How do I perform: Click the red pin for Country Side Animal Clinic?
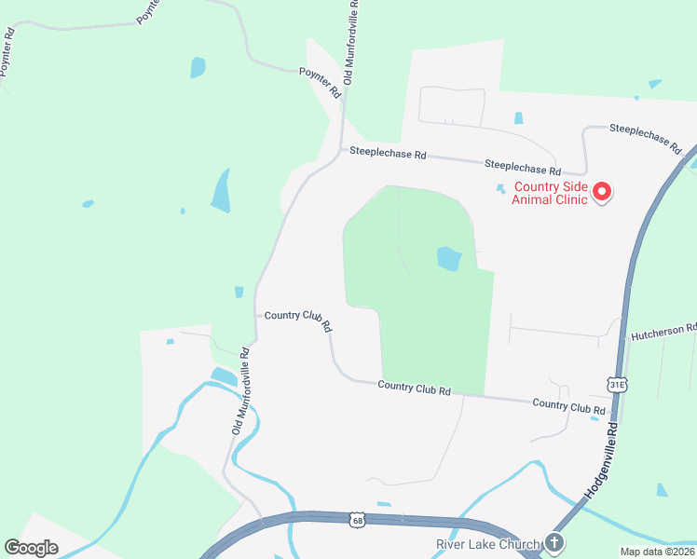click(601, 192)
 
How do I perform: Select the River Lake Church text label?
click(488, 545)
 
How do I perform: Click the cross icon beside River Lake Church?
click(554, 542)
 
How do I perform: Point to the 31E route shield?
click(616, 384)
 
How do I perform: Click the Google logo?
click(31, 547)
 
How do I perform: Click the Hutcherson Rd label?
click(663, 331)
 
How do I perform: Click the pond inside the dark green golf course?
click(449, 258)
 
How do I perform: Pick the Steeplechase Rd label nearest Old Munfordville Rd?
click(388, 154)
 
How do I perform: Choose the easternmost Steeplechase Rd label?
click(653, 137)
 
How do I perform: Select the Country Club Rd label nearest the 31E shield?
click(568, 406)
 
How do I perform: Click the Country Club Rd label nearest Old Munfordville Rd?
click(298, 319)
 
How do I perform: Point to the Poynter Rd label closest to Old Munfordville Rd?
click(321, 81)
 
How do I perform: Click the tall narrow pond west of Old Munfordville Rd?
click(221, 191)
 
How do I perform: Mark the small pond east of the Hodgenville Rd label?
click(662, 489)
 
